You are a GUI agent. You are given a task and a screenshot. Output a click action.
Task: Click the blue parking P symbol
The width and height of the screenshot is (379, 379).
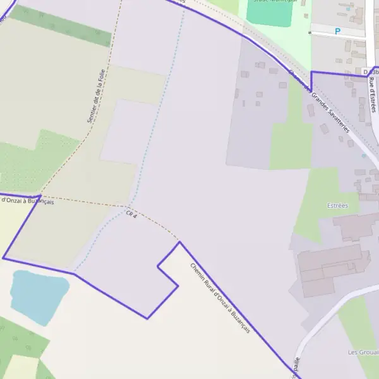337,30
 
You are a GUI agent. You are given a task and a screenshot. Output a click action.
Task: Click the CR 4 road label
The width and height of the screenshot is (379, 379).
131,215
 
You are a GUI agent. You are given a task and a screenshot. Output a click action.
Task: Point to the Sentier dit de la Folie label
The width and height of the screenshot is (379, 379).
95,96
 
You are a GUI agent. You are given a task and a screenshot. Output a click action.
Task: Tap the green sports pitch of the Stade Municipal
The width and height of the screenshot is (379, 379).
270,13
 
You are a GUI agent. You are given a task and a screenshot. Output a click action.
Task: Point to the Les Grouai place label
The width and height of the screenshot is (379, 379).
363,352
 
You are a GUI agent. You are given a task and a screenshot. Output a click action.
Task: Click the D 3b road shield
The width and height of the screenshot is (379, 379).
370,73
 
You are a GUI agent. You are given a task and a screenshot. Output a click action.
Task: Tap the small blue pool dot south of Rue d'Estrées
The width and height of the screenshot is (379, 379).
364,155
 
